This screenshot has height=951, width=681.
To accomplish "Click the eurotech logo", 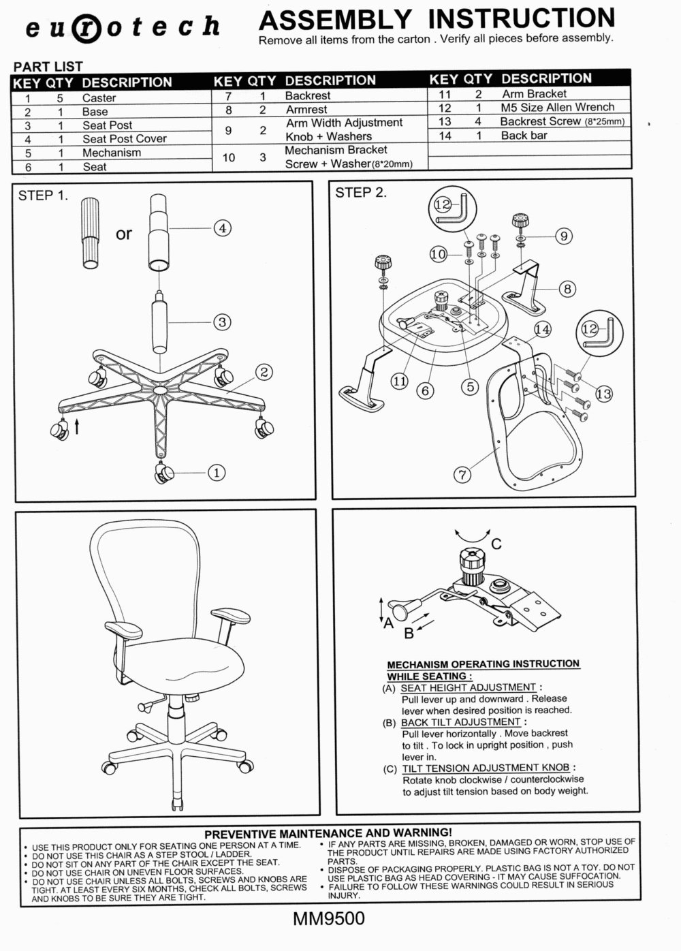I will point(123,27).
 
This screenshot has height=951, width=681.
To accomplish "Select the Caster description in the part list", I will point(99,97).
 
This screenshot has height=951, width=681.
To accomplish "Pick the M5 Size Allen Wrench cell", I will point(557,107).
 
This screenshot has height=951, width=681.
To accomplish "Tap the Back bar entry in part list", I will point(524,135).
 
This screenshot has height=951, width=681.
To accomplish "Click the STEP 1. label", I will point(43,196).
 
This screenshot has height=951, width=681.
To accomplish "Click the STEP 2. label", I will point(360,193).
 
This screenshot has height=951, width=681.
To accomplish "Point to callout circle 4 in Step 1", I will point(222,228).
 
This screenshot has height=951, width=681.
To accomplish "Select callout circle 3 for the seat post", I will point(222,322).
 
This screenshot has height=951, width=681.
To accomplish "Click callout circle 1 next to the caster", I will point(216,472).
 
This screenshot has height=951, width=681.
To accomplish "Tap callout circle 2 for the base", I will point(264,372).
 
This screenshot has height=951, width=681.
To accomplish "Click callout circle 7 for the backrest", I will point(463,474).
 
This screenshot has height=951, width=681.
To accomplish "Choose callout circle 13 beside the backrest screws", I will point(603,393).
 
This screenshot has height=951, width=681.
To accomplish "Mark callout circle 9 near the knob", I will point(563,236).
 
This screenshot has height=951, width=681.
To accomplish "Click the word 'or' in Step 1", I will point(124,234).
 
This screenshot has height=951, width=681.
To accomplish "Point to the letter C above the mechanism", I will point(496,544).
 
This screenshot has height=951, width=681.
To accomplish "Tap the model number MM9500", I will point(328,919).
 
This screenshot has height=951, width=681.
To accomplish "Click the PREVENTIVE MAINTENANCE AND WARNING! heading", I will point(328,832).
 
